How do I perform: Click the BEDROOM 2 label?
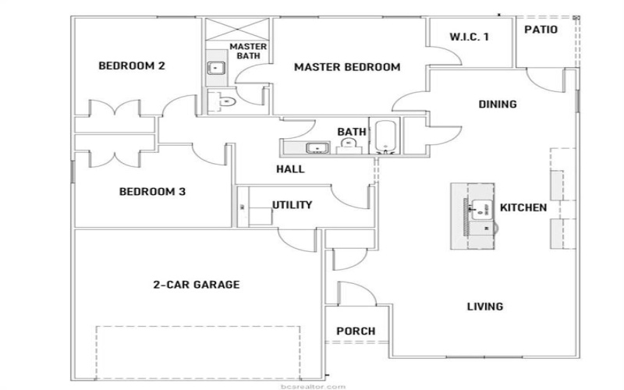tap(131, 66)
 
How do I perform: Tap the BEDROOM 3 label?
tap(151, 191)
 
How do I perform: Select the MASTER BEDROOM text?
tap(346, 67)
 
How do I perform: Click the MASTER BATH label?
tap(249, 51)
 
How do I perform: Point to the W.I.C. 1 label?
tap(470, 37)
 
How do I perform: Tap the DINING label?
tap(497, 105)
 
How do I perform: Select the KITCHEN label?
tap(523, 208)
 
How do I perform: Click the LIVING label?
tap(484, 307)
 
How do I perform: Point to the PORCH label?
tap(355, 331)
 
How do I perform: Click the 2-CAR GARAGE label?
tap(196, 285)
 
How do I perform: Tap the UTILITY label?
tap(292, 205)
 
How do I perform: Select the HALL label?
tap(290, 169)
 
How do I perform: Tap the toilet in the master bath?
tap(226, 100)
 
